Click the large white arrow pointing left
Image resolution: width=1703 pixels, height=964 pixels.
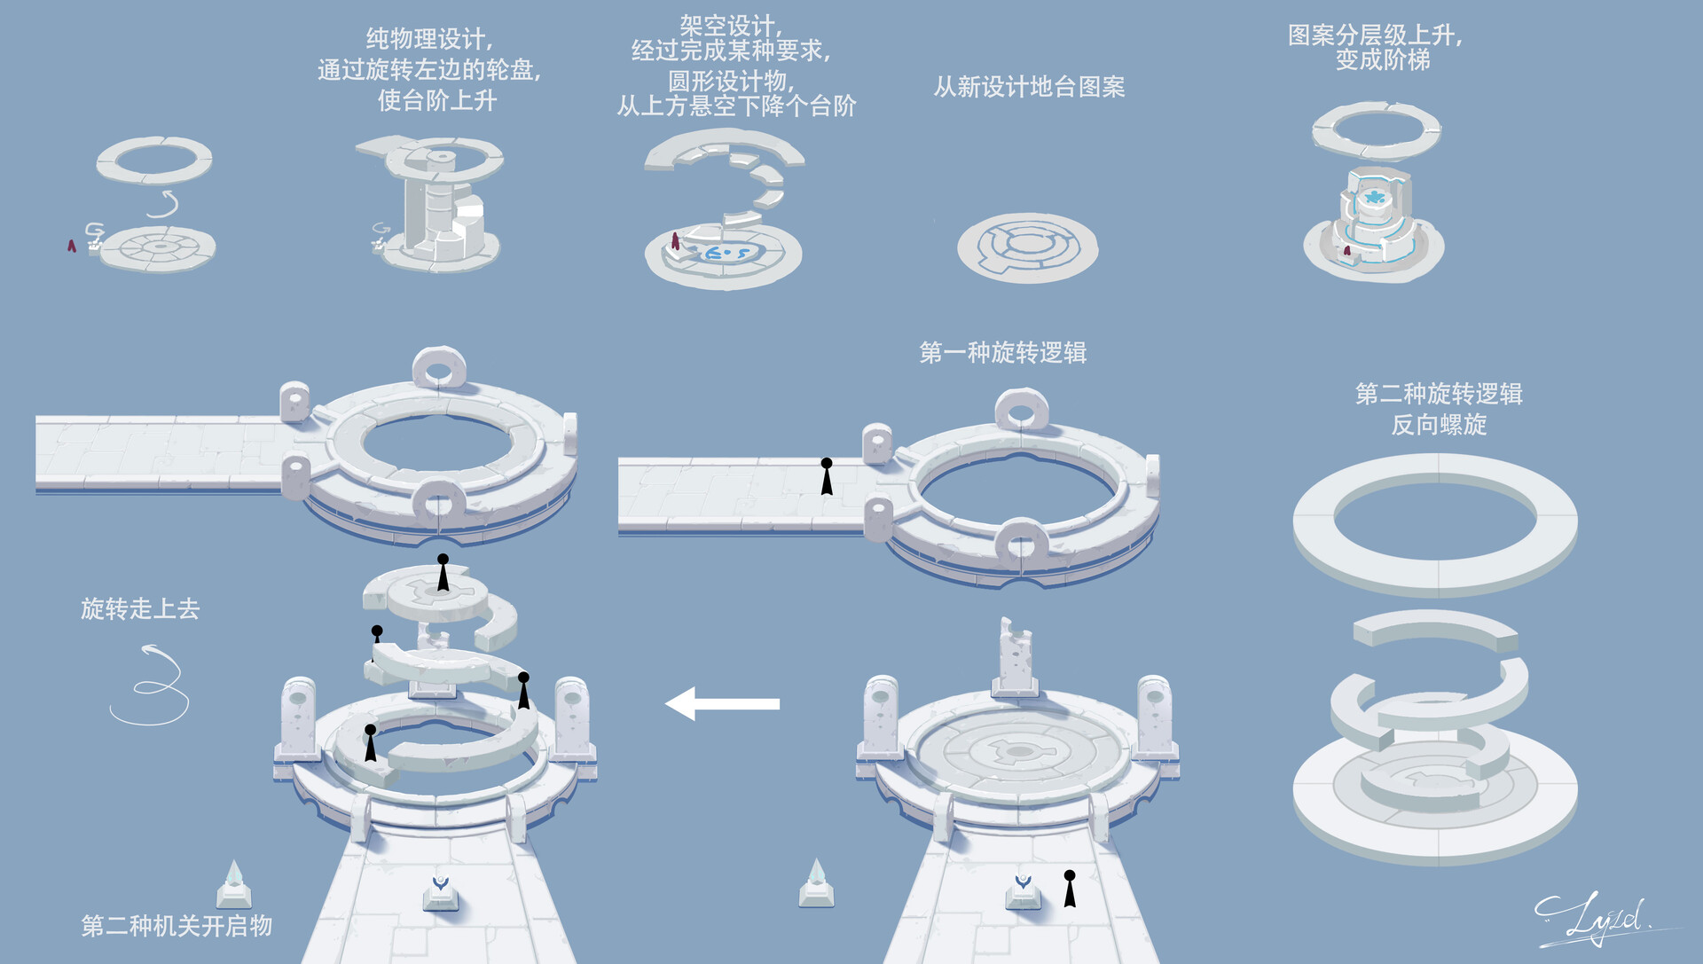[723, 704]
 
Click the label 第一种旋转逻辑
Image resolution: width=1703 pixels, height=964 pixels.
[1002, 353]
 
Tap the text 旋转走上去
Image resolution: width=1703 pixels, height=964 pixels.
[140, 608]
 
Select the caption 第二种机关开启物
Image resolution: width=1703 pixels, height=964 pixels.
[177, 926]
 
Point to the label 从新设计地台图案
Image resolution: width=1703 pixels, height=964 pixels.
[1029, 87]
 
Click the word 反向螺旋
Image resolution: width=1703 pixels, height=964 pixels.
[1439, 425]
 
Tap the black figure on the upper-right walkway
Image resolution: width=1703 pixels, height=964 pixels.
[827, 476]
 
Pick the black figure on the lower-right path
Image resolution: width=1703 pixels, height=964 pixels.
[1070, 889]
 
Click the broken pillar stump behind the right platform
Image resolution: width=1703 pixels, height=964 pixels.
[1015, 657]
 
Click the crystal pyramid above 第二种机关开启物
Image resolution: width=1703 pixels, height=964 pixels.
[233, 882]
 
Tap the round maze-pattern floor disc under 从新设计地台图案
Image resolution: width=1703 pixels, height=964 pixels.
[1027, 247]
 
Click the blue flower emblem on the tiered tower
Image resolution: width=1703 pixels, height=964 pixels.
[1375, 197]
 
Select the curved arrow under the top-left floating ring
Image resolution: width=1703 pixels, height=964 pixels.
[163, 205]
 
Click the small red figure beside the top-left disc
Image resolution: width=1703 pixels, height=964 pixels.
[72, 246]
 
